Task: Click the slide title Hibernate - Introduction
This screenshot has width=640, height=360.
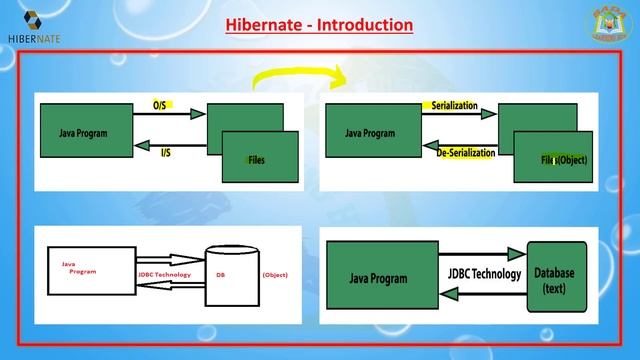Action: (x=319, y=23)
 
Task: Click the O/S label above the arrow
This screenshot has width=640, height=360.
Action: (x=160, y=104)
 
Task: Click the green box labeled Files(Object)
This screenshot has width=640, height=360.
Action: (x=562, y=158)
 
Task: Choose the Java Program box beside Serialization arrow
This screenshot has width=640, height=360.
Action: (x=369, y=131)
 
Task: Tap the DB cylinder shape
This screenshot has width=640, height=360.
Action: (x=227, y=273)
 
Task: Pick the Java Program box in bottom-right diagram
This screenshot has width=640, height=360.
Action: (x=382, y=274)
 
